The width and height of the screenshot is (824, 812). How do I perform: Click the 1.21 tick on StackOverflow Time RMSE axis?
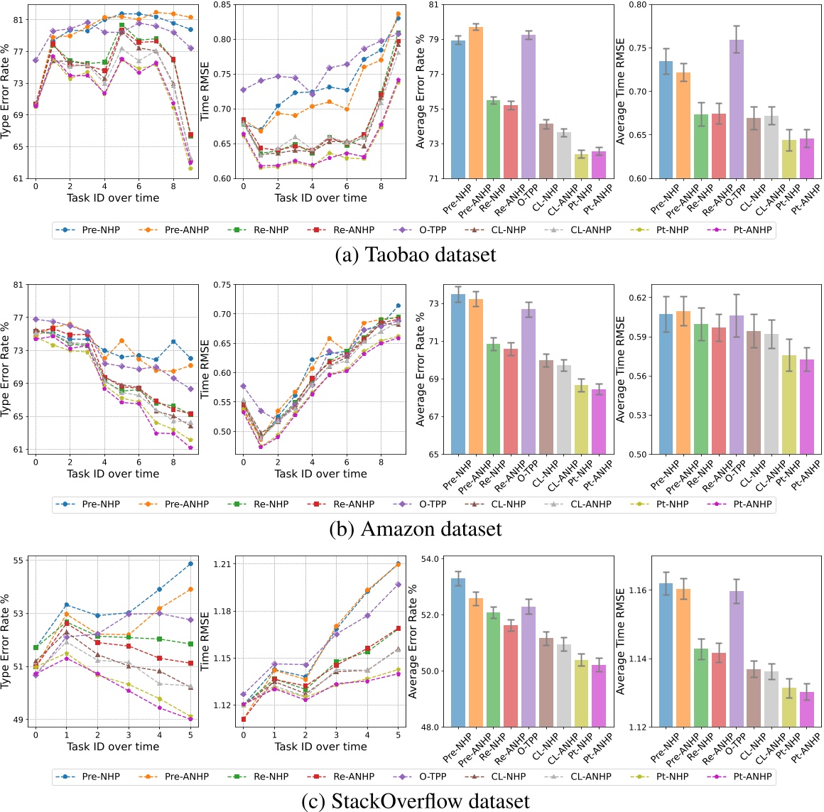click(222, 564)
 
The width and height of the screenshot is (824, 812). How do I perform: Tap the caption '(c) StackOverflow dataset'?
click(415, 801)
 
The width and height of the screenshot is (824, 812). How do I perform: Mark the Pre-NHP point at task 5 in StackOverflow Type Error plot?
click(190, 563)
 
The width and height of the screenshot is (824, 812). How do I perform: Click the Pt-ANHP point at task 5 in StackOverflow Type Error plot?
click(190, 719)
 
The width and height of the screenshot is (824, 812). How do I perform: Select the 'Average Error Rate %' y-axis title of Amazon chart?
click(421, 369)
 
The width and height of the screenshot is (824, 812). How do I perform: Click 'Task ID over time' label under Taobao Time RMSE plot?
click(320, 197)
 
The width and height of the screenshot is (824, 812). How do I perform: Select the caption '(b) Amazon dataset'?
click(415, 529)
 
